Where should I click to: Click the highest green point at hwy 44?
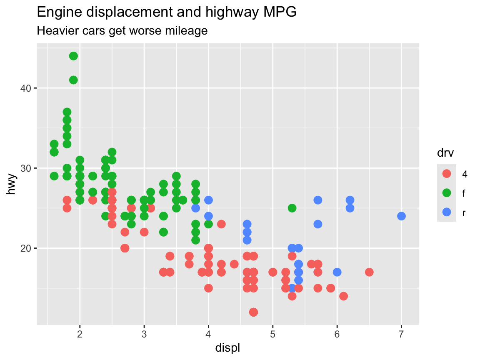point(73,56)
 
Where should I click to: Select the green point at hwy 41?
point(73,80)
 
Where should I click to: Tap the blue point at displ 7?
point(401,216)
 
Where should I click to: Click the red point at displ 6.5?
point(369,272)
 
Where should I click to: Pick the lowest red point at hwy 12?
point(253,312)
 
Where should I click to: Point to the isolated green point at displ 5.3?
point(292,208)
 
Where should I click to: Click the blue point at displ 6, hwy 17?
point(337,272)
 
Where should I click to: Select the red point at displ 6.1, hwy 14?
point(343,296)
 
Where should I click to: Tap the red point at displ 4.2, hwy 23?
point(221,224)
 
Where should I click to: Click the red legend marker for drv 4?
point(447,174)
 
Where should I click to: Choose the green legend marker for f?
point(447,193)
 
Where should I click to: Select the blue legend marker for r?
point(447,212)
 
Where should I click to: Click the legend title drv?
point(445,154)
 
